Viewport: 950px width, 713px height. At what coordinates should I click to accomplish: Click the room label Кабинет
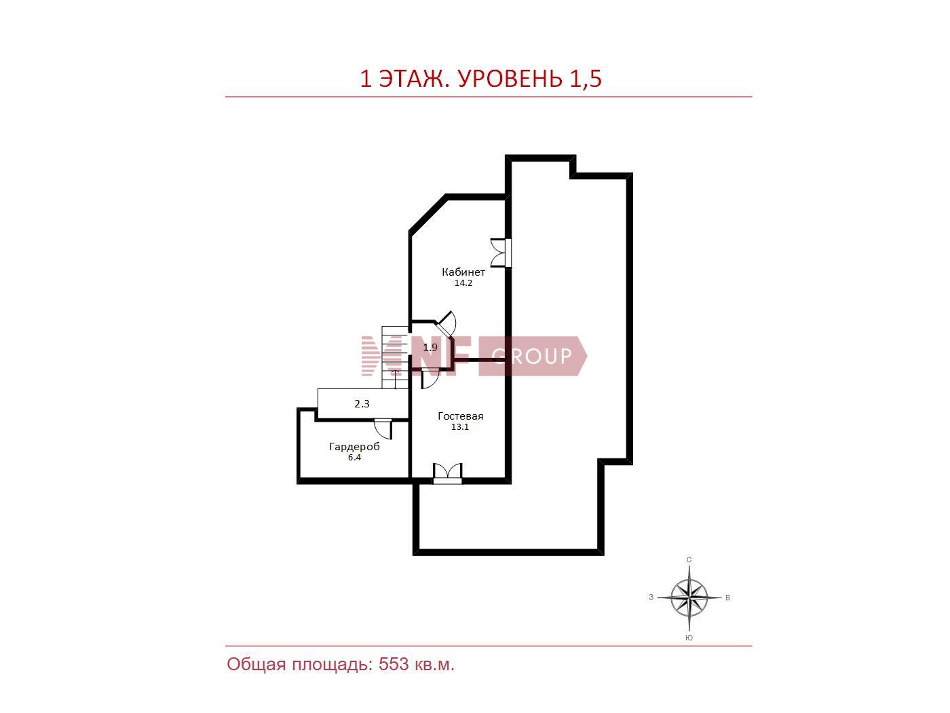[463, 272]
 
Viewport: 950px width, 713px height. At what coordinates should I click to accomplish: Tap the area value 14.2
[463, 282]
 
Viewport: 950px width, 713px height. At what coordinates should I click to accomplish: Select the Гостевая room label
[461, 416]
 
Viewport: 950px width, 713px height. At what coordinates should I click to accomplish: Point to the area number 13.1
[459, 427]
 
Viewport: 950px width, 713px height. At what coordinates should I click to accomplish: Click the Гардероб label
[354, 447]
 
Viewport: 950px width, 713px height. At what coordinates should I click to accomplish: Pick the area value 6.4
[354, 458]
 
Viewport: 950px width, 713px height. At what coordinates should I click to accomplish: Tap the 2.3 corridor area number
[362, 404]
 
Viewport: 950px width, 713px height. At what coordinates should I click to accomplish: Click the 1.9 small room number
[430, 347]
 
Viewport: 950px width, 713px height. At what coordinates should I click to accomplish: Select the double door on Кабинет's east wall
[501, 253]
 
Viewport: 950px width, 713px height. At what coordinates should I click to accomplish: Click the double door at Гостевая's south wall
[447, 473]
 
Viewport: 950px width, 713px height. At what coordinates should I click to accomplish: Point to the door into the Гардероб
[383, 428]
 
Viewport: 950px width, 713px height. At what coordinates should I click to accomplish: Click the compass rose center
[689, 598]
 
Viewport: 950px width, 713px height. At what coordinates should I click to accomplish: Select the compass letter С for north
[689, 560]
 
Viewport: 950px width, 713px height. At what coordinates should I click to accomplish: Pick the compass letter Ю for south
[689, 638]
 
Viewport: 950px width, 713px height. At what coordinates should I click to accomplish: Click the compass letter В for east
[728, 598]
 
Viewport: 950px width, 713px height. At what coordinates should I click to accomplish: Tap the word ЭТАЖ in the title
[413, 79]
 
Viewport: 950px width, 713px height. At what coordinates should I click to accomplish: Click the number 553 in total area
[394, 664]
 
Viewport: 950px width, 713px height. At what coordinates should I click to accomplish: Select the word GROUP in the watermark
[532, 356]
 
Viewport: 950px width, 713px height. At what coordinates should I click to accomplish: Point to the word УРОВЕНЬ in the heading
[510, 79]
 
